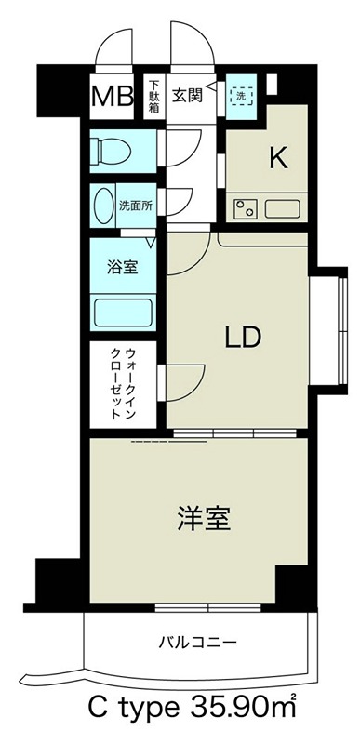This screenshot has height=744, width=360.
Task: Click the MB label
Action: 111,96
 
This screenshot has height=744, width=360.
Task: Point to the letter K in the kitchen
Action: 277,158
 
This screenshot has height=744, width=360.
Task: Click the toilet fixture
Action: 113,150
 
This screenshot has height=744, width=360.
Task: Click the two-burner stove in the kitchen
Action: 246,207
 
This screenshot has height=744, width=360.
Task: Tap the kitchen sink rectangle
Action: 285,207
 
